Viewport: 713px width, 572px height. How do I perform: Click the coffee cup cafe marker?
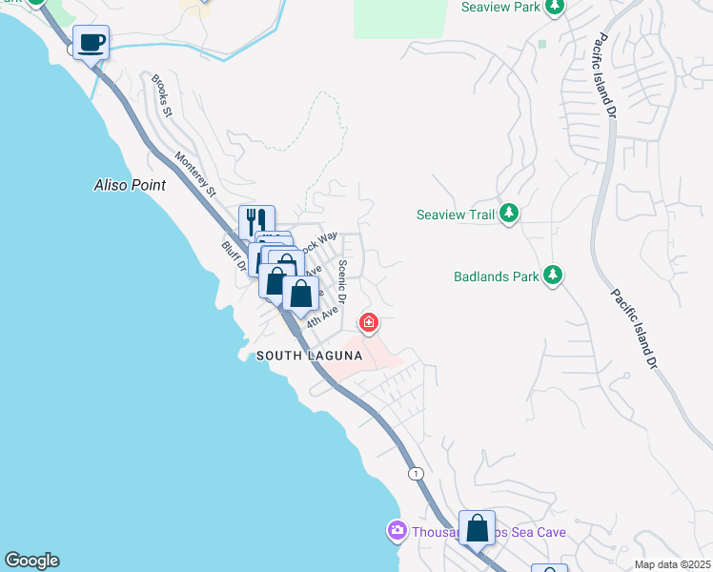tap(91, 44)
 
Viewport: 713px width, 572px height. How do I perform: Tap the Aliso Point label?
tap(130, 185)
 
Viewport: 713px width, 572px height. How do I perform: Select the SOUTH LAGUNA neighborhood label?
tap(309, 356)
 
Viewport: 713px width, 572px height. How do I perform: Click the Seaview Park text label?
tap(499, 7)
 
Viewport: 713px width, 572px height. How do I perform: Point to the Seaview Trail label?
tap(456, 214)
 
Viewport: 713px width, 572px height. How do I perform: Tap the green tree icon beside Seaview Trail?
tap(509, 214)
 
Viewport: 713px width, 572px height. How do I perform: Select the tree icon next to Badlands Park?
tap(552, 277)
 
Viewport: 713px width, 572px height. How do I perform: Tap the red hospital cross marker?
tap(368, 323)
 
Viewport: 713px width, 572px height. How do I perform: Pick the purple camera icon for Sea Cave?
tap(397, 530)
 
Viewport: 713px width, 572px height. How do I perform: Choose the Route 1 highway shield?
tap(416, 474)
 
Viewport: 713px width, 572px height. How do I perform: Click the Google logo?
tap(31, 561)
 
